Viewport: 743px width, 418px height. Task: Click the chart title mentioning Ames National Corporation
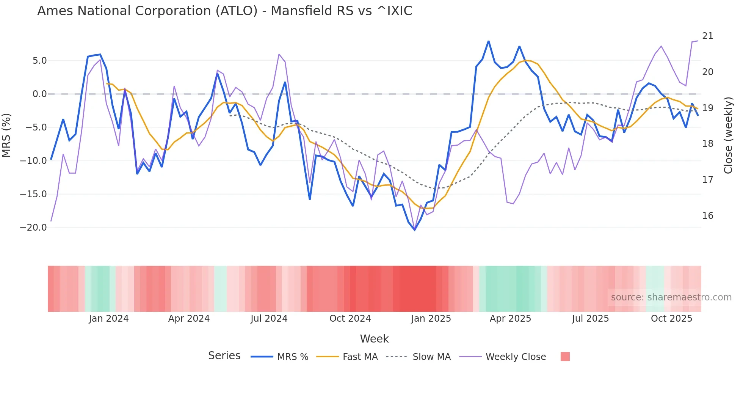tap(224, 11)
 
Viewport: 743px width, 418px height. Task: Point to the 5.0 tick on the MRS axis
tap(39, 61)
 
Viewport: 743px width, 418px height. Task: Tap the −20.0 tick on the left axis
tap(33, 228)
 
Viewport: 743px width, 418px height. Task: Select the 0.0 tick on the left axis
tap(39, 94)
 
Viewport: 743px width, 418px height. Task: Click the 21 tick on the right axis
tap(707, 36)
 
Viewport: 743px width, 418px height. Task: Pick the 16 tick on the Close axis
tap(707, 216)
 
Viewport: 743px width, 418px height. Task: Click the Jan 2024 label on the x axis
tap(109, 319)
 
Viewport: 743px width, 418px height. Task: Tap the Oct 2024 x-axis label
tap(350, 319)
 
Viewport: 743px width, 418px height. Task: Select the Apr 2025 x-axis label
tap(510, 319)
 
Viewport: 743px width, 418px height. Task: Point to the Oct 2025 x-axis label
tap(671, 319)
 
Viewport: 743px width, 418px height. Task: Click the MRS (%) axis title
tap(6, 135)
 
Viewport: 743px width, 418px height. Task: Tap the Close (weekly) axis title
tap(728, 135)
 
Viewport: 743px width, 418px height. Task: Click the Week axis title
tap(374, 339)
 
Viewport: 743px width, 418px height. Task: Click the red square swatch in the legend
tap(565, 357)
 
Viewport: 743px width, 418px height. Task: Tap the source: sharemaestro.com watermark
tap(671, 297)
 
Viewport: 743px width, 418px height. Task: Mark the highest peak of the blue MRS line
tap(489, 41)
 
